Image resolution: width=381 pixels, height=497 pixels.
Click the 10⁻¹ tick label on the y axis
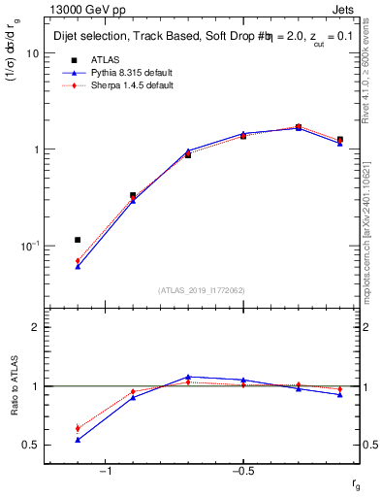[x=30, y=246]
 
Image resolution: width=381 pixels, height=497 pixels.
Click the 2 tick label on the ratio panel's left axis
[x=36, y=328]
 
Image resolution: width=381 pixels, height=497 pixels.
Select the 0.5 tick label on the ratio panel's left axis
[x=32, y=446]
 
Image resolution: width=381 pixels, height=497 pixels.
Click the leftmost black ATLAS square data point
[x=78, y=240]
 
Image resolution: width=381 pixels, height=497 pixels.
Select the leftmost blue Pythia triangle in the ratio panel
[x=78, y=440]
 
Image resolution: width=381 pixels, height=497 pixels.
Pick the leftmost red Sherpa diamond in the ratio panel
[x=78, y=428]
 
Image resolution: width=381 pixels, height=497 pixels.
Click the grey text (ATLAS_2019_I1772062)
[x=202, y=290]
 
